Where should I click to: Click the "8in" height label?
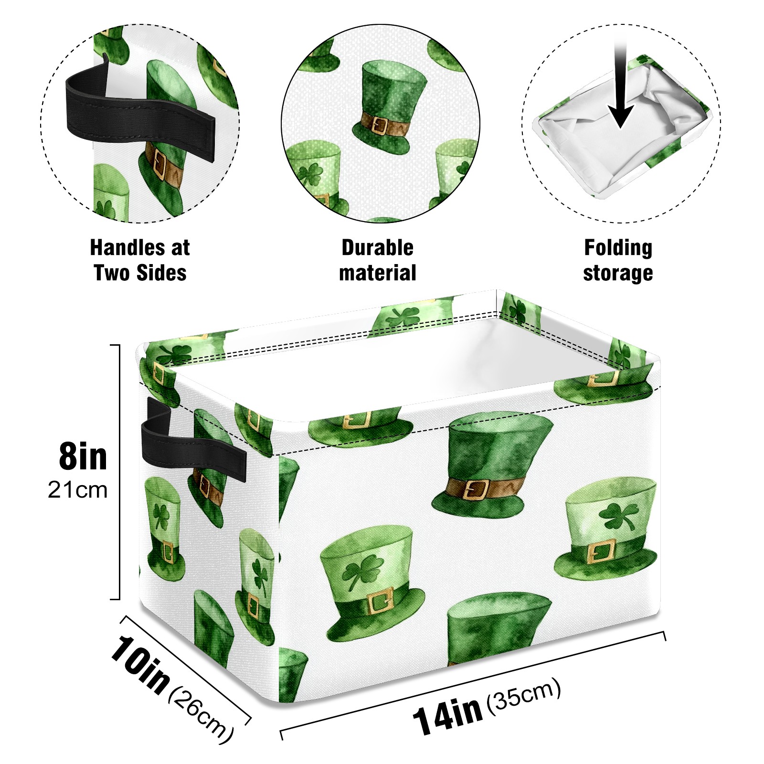coord(83,456)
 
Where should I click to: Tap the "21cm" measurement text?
coord(78,490)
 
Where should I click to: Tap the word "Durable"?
coord(377,247)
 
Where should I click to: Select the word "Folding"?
coord(618,248)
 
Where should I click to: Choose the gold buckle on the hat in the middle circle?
coord(380,126)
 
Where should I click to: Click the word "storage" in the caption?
coord(618,274)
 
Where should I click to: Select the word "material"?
coord(377,273)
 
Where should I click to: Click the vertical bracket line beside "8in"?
coord(118,472)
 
